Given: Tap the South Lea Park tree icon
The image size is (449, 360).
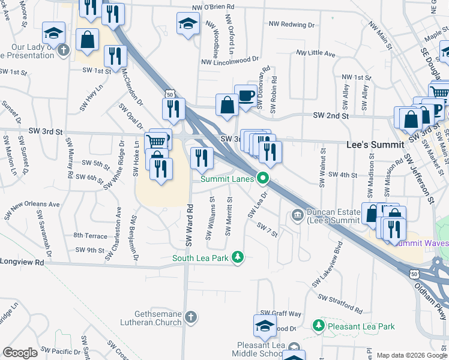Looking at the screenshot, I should click(238, 258).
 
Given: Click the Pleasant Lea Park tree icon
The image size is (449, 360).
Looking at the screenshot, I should click(318, 326).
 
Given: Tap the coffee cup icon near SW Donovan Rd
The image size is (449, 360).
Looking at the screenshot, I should click(246, 96).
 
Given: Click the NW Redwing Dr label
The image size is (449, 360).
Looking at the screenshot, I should click(292, 25).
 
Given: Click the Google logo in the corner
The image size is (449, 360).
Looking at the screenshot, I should click(20, 353).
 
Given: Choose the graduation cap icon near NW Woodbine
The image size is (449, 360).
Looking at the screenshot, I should click(188, 24).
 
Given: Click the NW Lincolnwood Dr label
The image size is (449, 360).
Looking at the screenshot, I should click(229, 61).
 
